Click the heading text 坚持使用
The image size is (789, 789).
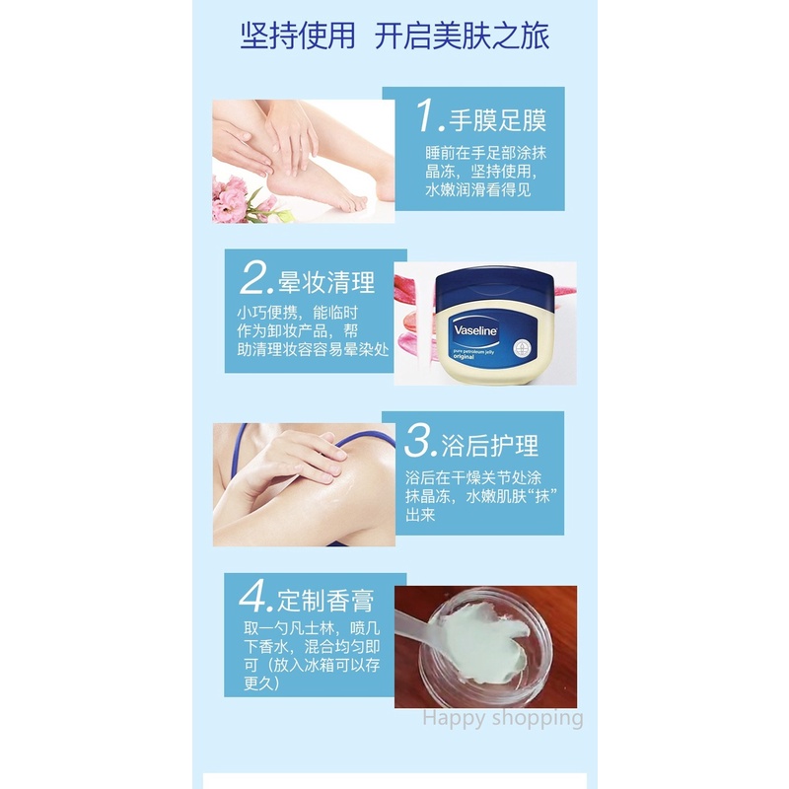[297, 36]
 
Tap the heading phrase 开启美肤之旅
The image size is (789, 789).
[462, 36]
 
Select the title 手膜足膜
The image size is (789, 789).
[497, 120]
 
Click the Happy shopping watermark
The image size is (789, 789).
[502, 718]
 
